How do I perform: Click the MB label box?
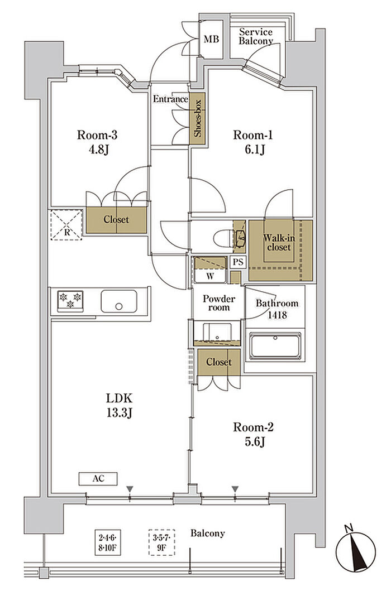[x=211, y=39]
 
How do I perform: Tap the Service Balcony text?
[x=256, y=36]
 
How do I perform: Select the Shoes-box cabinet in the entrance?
[x=197, y=118]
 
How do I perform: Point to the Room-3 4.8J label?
[x=97, y=142]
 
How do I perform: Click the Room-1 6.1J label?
[x=253, y=142]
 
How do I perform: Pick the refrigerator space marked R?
[x=66, y=225]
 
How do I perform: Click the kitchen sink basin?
[x=119, y=301]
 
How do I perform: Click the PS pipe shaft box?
[x=238, y=262]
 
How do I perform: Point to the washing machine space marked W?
[x=210, y=271]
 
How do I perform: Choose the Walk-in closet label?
[x=279, y=243]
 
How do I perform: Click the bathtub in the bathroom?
[x=275, y=346]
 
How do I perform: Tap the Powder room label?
[x=219, y=303]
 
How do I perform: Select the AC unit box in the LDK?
[x=98, y=479]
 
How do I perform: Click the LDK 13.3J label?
[x=119, y=405]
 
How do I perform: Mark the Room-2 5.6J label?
[x=253, y=434]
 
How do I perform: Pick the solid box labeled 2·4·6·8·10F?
[x=108, y=542]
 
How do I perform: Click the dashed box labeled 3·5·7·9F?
[x=161, y=542]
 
